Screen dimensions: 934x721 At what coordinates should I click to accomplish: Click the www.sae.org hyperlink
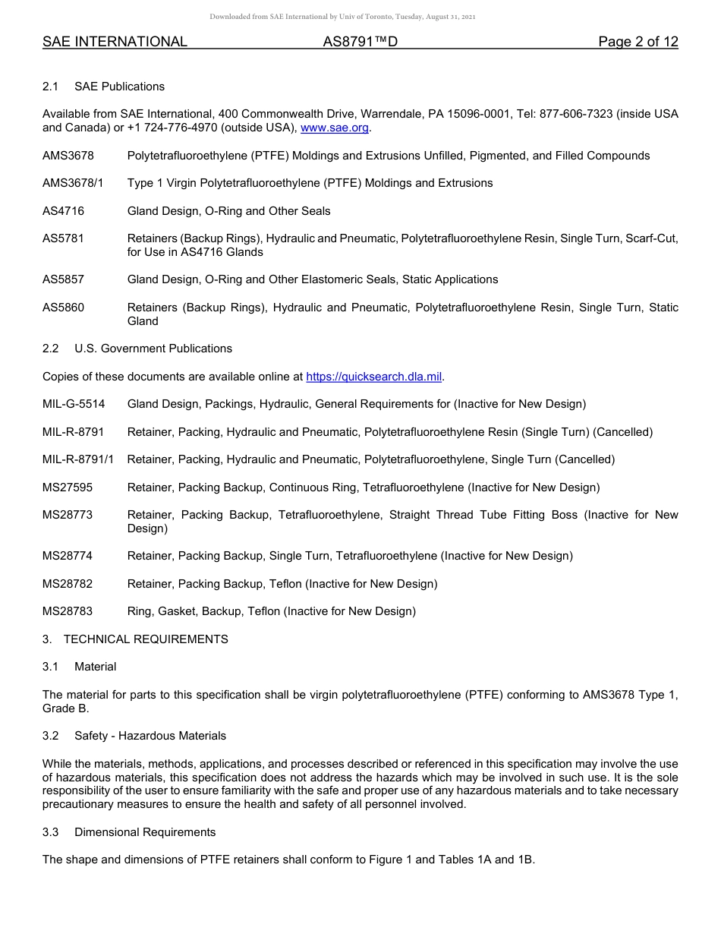point(335,128)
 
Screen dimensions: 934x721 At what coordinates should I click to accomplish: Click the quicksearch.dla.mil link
point(373,377)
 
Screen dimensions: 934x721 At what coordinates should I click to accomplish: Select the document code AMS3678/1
point(74,183)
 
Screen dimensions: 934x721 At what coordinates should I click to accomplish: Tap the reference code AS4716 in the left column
point(63,211)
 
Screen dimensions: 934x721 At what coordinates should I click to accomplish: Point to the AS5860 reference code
point(63,308)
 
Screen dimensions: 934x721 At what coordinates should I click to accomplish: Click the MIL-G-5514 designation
point(74,404)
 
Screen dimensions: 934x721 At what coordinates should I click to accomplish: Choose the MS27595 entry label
point(68,488)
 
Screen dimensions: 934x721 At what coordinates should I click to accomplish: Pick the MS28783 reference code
point(68,611)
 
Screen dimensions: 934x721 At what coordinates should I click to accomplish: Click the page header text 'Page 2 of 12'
point(638,43)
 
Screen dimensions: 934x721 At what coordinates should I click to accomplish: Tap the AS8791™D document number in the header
point(360,43)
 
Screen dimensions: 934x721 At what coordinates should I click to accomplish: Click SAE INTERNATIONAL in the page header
point(115,43)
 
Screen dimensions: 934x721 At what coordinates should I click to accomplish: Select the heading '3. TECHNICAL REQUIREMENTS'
point(135,639)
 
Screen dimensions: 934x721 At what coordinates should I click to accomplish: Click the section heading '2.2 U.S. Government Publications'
point(137,349)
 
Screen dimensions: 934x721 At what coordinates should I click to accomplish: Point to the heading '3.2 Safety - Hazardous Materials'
point(134,736)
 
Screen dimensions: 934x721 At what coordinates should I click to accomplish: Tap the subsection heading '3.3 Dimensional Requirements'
point(129,832)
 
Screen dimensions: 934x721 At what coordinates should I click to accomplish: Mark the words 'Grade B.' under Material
point(66,708)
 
